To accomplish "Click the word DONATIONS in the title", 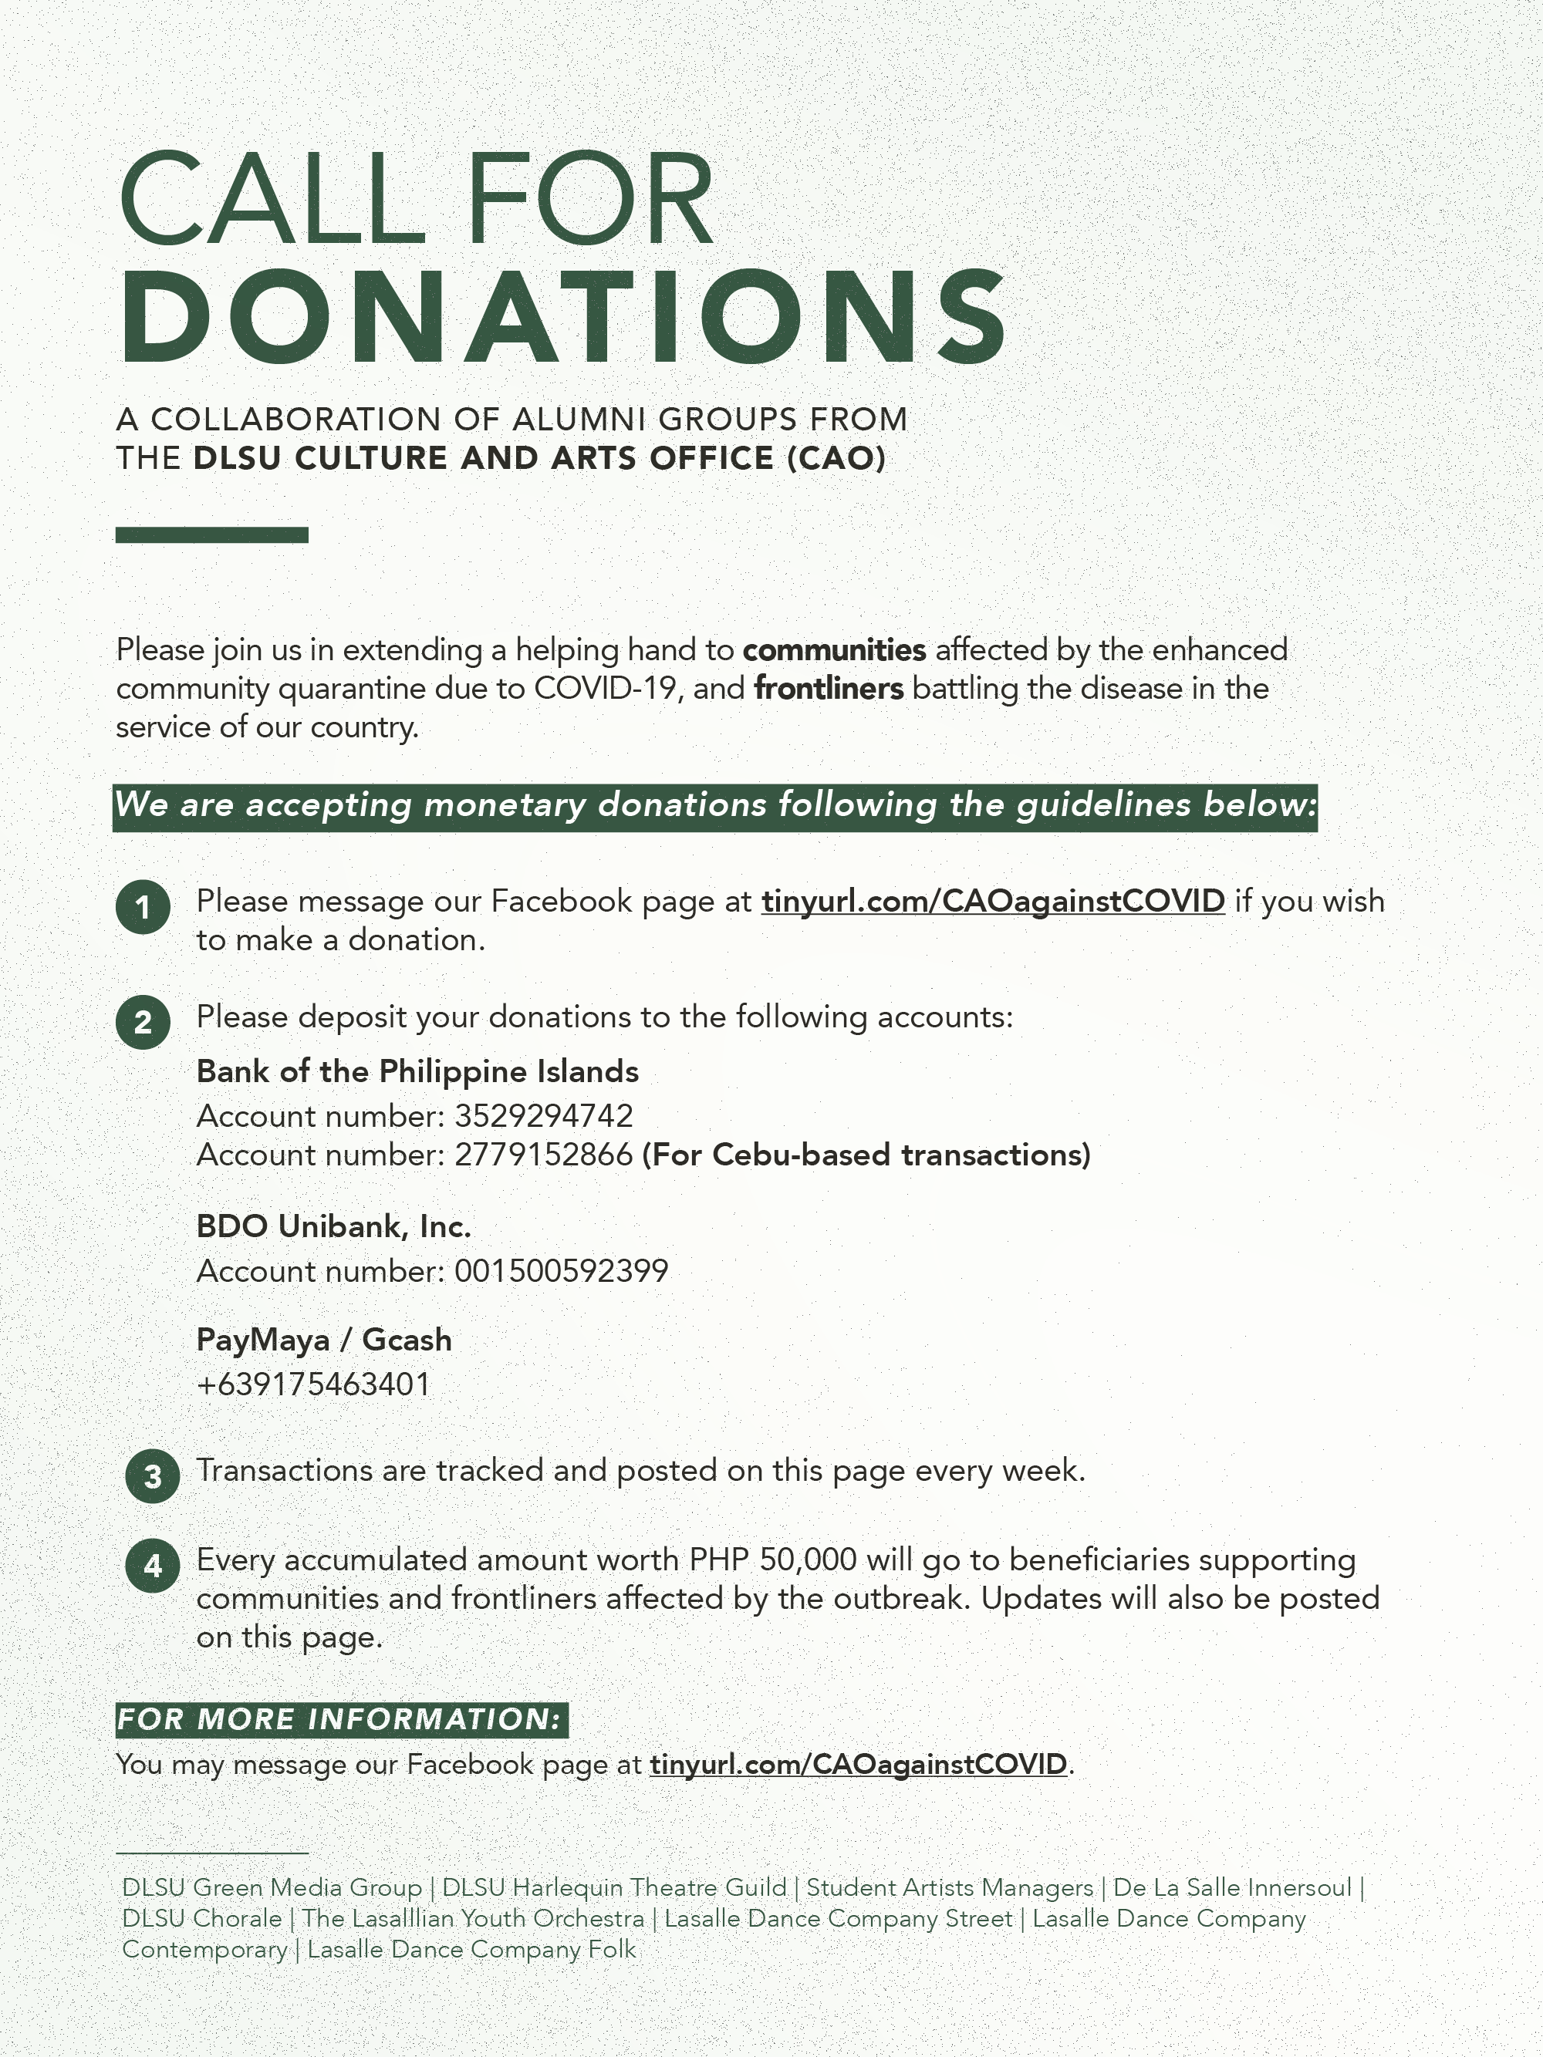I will [562, 317].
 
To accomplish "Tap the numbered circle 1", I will [142, 907].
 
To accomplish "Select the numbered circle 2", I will [142, 1022].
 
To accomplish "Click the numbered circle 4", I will [153, 1566].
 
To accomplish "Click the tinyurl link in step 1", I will [992, 901].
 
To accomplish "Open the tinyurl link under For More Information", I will [858, 1764].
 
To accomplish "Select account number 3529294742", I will [544, 1116].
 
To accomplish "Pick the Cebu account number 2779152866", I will [544, 1155].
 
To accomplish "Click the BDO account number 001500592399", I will [561, 1271].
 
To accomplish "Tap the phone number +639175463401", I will [313, 1384].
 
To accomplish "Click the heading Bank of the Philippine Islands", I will [417, 1072].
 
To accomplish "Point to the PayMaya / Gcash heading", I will [324, 1340].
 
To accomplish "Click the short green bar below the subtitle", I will [211, 534].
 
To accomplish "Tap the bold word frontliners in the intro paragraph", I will [828, 689].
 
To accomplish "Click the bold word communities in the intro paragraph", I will [833, 650].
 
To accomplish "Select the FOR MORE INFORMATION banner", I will [340, 1719].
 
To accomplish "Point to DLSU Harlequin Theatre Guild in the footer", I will [614, 1888].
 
